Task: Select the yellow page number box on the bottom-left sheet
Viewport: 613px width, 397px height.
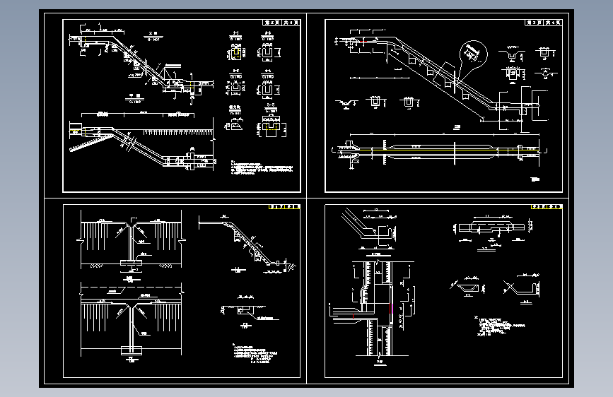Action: [x=284, y=208]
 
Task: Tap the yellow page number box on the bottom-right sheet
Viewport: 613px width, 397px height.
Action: [x=545, y=208]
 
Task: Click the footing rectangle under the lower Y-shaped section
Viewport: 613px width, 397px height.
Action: [x=132, y=350]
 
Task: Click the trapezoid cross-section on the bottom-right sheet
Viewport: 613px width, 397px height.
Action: [x=467, y=288]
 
